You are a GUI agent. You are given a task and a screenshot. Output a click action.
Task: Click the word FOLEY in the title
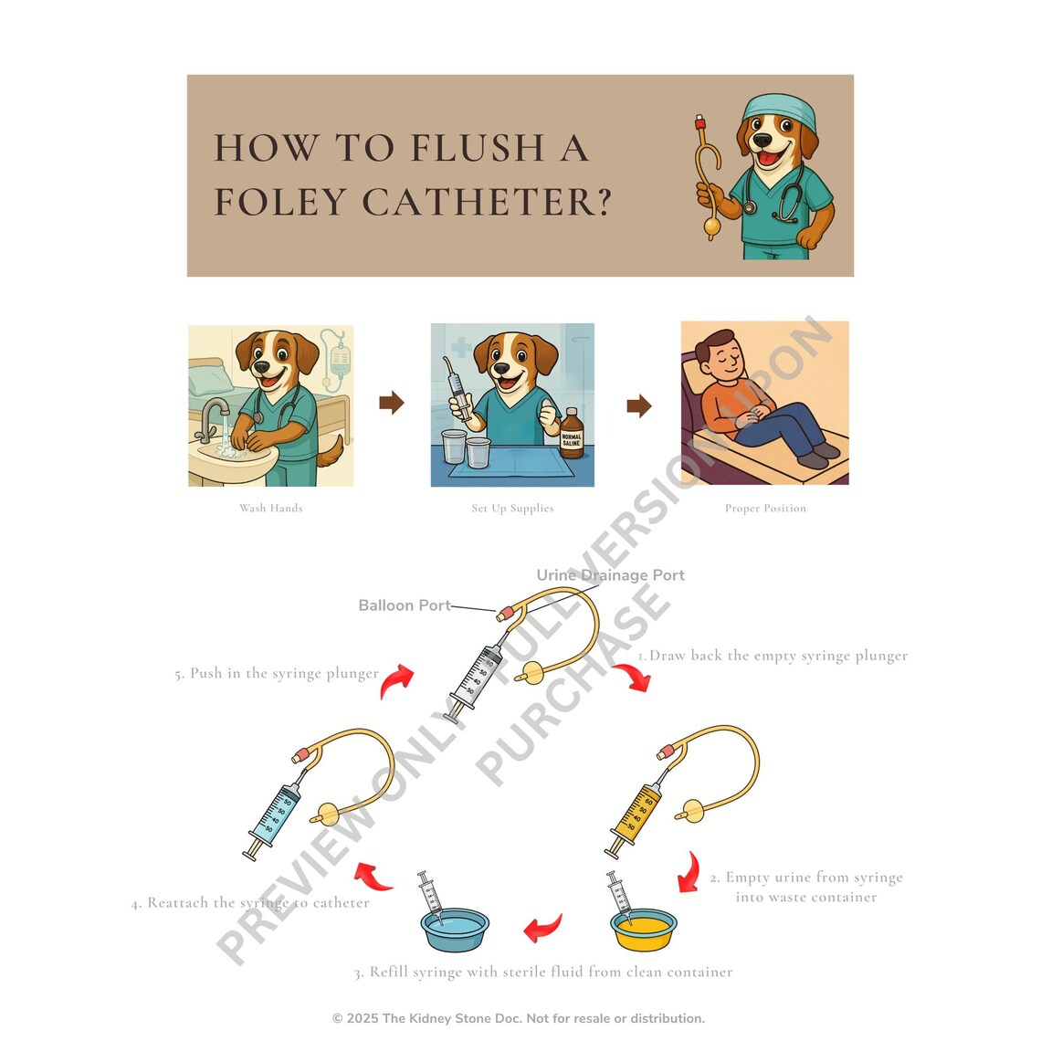(x=279, y=202)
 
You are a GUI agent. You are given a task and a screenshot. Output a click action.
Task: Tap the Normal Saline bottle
(x=571, y=435)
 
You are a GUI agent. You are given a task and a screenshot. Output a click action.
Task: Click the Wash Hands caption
(x=271, y=509)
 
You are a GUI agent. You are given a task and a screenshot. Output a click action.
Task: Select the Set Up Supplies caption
(x=512, y=509)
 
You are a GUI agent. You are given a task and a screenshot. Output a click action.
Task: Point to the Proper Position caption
(x=765, y=509)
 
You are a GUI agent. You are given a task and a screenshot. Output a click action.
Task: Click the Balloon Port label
(x=405, y=605)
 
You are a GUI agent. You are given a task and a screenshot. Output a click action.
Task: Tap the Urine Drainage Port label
(x=610, y=575)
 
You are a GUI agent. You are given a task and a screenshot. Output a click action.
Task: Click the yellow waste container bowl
(x=643, y=930)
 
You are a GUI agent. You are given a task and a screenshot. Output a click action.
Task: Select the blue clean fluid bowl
(x=455, y=930)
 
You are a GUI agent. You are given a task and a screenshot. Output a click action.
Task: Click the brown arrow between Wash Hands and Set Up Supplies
(x=392, y=403)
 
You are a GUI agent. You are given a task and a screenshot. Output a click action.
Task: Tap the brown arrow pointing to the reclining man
(x=639, y=405)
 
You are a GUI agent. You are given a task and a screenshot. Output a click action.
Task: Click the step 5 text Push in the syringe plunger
(x=277, y=674)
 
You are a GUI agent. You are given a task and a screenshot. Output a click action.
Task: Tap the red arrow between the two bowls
(x=543, y=929)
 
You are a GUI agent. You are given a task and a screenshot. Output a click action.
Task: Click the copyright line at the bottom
(x=519, y=1019)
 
